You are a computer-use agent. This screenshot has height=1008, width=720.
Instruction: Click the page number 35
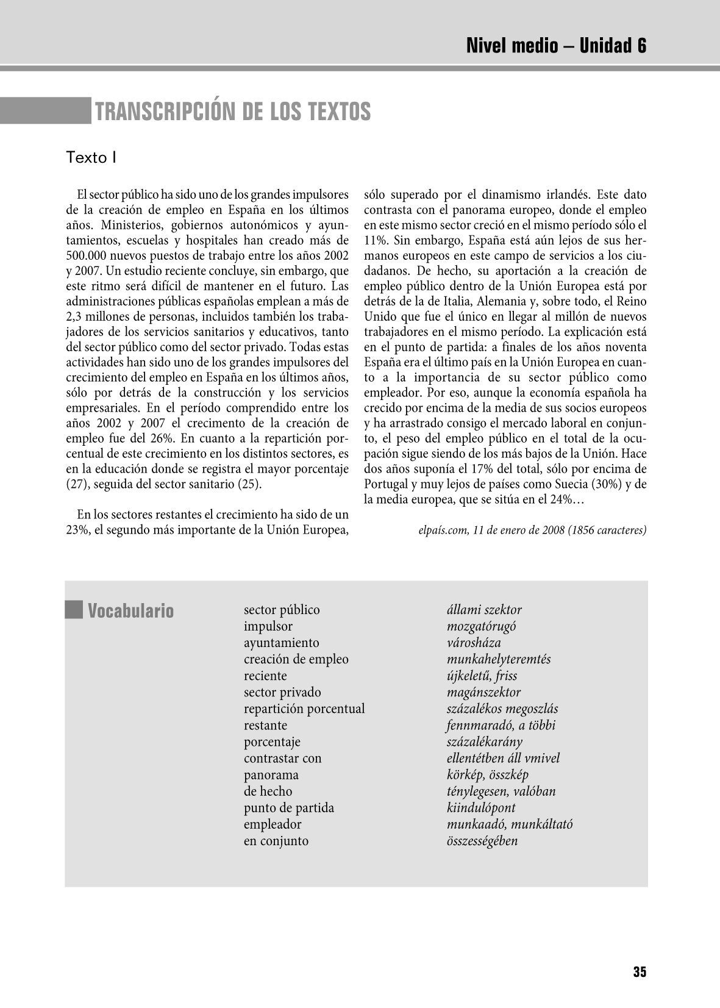(640, 972)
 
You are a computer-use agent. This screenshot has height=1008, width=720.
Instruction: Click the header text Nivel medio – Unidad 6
(556, 46)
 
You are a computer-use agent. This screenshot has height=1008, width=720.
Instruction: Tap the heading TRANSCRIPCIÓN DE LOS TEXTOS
(232, 112)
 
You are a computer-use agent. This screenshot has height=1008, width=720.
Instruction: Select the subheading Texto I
(91, 157)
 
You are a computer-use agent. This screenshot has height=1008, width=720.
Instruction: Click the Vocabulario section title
(130, 610)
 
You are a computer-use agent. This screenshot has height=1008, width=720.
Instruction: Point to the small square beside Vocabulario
(74, 610)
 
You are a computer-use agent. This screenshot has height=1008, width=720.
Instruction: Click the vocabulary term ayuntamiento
(281, 643)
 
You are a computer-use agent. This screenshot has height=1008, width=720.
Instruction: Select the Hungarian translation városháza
(474, 643)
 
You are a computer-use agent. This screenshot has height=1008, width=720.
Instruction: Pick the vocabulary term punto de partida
(289, 808)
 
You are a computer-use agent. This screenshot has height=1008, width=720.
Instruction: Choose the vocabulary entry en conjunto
(276, 841)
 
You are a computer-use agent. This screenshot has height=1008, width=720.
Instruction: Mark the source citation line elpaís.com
(532, 530)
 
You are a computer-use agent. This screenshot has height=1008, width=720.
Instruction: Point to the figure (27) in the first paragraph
(76, 485)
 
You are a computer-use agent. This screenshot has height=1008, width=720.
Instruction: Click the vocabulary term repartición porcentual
(304, 709)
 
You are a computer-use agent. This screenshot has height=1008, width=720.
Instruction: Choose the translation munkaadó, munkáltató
(510, 824)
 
